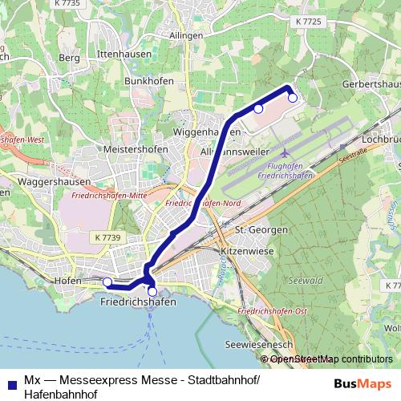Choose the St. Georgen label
coord(261,230)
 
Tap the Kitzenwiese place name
coord(248,250)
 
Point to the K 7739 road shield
coord(107,237)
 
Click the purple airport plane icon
coord(287,152)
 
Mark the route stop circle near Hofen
coord(107,282)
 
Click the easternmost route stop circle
coord(293,98)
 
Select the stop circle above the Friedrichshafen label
coord(152,291)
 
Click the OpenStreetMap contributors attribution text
coord(331,359)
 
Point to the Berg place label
coord(70,59)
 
